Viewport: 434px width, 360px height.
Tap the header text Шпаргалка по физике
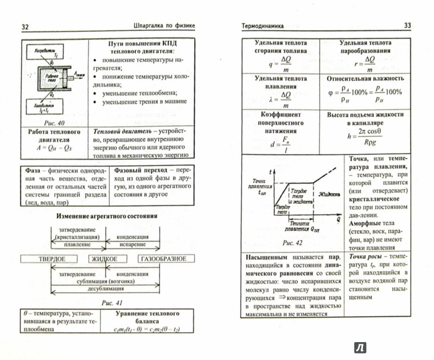(164, 25)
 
